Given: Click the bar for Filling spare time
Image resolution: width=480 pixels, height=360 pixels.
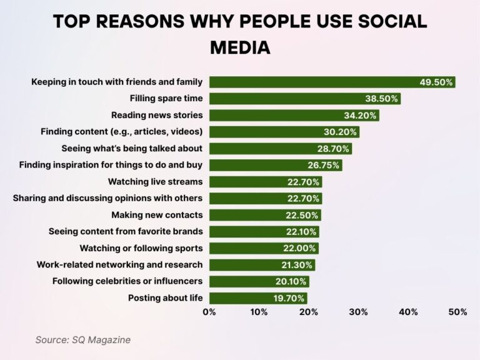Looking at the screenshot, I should (x=304, y=99).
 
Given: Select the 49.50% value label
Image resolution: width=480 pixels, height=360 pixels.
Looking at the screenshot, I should (x=436, y=82).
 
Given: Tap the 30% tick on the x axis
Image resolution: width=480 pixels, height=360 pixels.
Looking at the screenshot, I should (x=359, y=312).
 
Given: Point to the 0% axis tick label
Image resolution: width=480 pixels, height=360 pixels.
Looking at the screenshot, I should (x=209, y=312).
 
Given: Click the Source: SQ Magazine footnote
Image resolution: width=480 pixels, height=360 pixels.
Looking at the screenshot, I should (x=82, y=339).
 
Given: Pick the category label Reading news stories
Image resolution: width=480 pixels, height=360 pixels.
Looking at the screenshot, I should (x=157, y=115).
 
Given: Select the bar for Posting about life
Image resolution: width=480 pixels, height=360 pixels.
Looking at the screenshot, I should (x=257, y=297).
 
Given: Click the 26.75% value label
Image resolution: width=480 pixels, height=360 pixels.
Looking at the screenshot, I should (x=323, y=165).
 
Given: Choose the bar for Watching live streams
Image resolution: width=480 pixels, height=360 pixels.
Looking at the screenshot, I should (x=265, y=182).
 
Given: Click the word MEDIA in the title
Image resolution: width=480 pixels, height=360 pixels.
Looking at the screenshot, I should (x=240, y=47).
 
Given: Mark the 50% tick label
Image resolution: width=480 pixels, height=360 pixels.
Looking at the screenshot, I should (x=457, y=312).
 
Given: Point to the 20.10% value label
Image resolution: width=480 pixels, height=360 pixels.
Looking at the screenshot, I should (x=291, y=281).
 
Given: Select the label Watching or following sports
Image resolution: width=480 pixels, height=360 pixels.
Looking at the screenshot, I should (x=141, y=247).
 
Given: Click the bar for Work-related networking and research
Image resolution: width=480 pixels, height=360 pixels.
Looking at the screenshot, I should (x=261, y=264).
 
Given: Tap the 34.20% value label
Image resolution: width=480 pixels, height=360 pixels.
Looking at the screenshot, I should (x=360, y=115).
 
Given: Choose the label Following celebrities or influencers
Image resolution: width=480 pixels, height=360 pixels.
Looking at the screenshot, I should (x=127, y=281).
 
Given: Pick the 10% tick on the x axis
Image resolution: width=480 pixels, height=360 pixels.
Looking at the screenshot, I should (x=259, y=312).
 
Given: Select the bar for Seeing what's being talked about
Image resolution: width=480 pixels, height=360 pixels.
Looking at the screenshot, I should (x=280, y=148).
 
